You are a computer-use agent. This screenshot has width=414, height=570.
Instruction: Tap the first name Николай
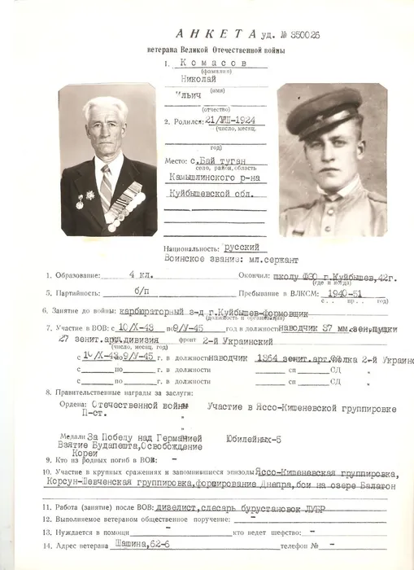pos(207,81)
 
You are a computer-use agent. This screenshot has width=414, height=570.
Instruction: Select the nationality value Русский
pos(242,246)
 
